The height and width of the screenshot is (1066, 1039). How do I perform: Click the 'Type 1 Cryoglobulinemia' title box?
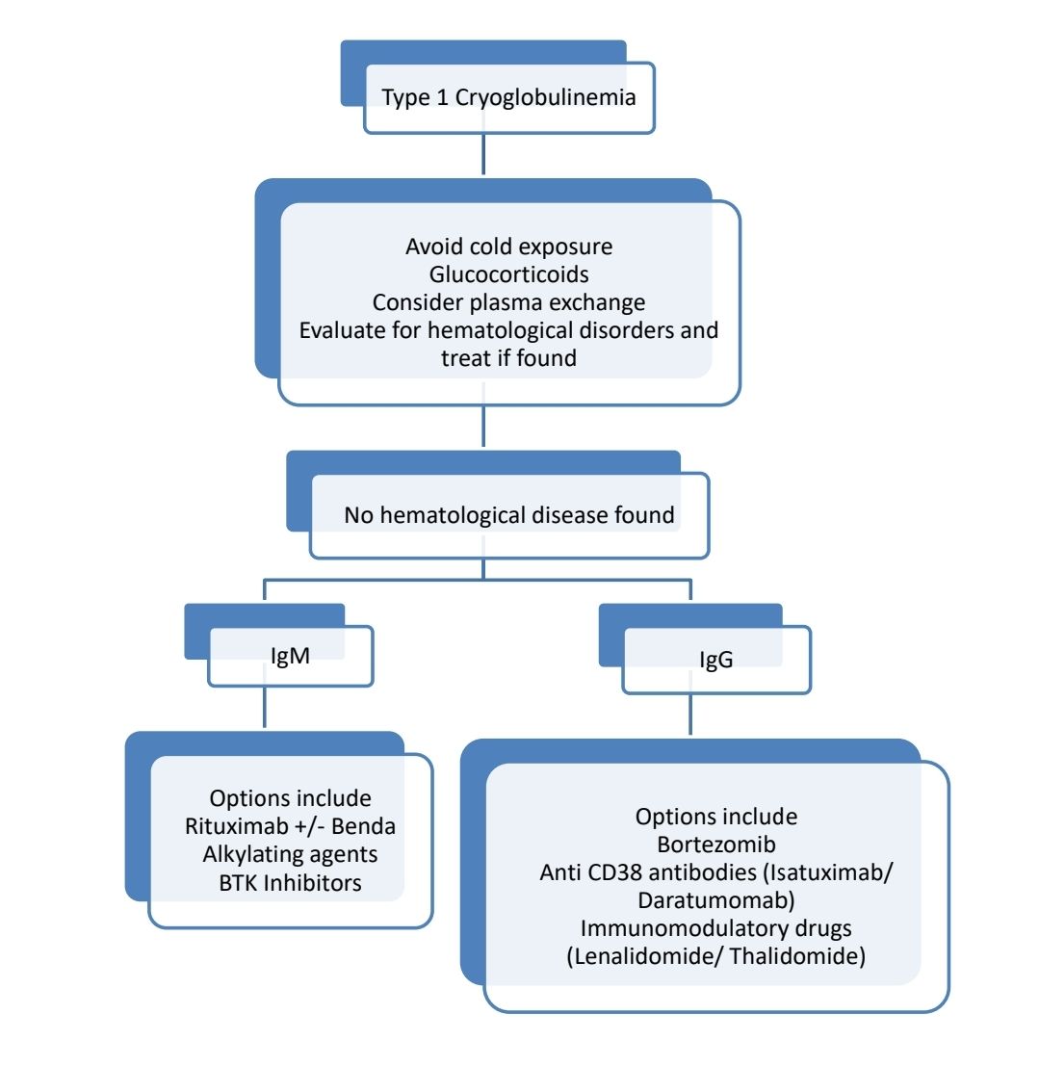point(508,97)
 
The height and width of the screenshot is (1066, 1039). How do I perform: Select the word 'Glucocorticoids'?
point(508,274)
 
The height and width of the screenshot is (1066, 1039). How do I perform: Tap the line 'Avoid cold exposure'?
point(508,247)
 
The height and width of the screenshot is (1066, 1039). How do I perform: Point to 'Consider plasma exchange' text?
point(508,302)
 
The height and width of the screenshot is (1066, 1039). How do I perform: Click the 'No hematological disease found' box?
point(508,515)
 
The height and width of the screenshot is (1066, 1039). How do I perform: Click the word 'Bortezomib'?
point(715,845)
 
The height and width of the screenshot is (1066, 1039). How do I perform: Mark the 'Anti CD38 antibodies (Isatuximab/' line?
point(715,871)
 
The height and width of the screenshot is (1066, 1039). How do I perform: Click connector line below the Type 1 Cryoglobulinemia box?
point(482,154)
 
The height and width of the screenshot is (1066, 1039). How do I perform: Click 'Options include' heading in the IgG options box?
point(715,817)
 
